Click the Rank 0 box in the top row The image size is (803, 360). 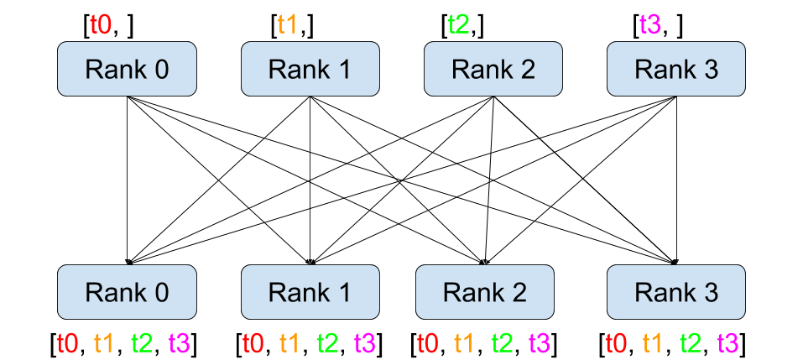coord(127,69)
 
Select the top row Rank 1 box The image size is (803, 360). coord(310,69)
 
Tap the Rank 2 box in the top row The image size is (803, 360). coord(493,69)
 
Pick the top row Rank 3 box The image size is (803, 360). coord(676,69)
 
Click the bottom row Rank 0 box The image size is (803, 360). coord(127,292)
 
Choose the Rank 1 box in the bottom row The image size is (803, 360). coord(310,292)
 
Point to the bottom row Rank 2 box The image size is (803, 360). coord(485,292)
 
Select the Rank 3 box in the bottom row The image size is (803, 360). coord(676,292)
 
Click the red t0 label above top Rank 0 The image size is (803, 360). coord(101,24)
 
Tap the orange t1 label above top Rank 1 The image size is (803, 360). coord(288,24)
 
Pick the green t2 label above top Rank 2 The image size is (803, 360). coord(459,24)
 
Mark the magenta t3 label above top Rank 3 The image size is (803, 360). coord(650,24)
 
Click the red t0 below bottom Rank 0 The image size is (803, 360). coord(68,342)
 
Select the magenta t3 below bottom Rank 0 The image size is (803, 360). coord(180,342)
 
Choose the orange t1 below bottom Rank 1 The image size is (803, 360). coord(289,342)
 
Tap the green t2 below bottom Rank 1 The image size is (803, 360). coord(328,342)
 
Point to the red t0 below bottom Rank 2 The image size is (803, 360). coord(428,342)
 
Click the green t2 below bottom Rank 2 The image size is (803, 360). coord(503,342)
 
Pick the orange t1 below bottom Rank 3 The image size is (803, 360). coord(653,342)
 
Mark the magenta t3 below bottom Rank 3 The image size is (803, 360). coord(727,342)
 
